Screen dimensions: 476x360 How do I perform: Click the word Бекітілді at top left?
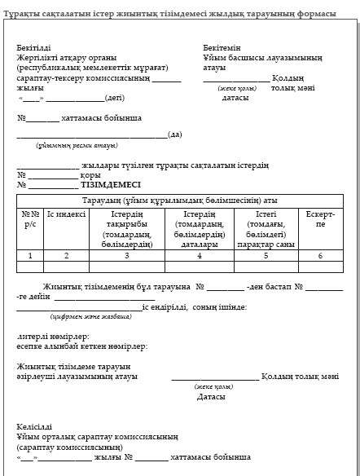pyautogui.click(x=33, y=49)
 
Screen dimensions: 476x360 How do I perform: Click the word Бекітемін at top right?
pyautogui.click(x=222, y=49)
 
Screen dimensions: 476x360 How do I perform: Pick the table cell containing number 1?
pyautogui.click(x=30, y=255)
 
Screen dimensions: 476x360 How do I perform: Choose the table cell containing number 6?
pyautogui.click(x=319, y=255)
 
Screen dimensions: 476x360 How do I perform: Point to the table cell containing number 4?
pyautogui.click(x=199, y=255)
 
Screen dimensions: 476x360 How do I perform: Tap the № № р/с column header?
pyautogui.click(x=30, y=218)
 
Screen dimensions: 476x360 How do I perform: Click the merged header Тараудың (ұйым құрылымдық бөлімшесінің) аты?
pyautogui.click(x=180, y=200)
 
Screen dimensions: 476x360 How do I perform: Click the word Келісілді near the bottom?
pyautogui.click(x=34, y=425)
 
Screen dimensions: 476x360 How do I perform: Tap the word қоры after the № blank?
pyautogui.click(x=91, y=174)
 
